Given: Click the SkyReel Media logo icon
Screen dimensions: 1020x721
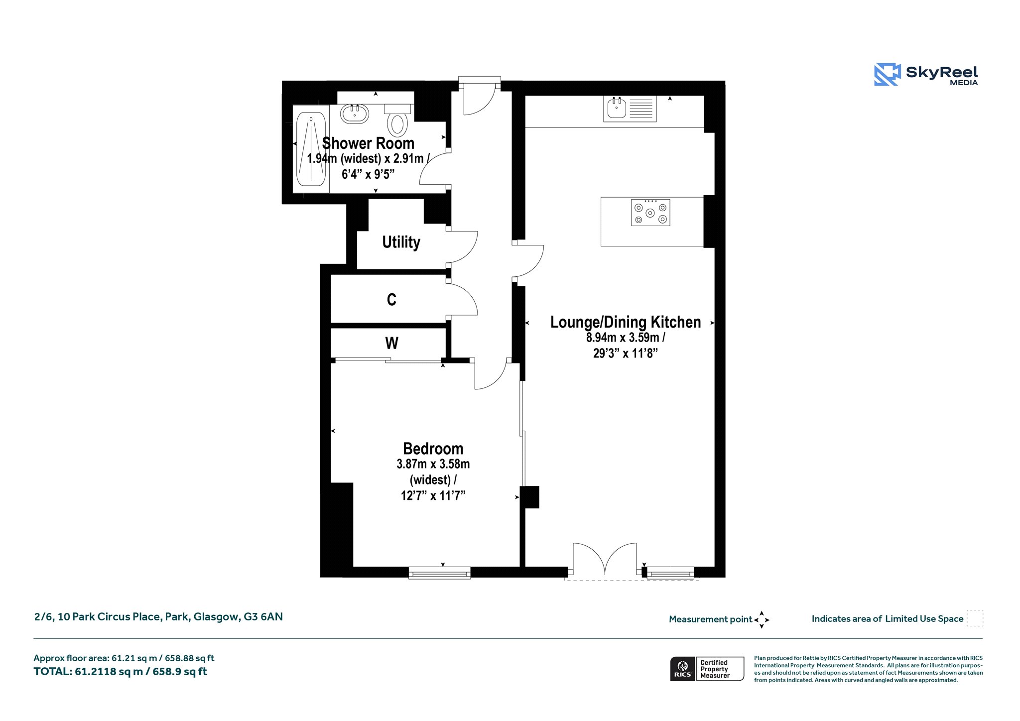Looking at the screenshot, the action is click(x=888, y=75).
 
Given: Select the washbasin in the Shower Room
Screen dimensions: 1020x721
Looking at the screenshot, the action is click(x=355, y=114).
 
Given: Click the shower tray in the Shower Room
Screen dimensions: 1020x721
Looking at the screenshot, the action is click(x=311, y=149).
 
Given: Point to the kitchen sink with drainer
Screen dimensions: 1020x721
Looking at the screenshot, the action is click(x=630, y=109).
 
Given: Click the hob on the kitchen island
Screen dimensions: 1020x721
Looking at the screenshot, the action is click(x=650, y=213).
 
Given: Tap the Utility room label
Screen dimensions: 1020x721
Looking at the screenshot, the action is click(x=401, y=242).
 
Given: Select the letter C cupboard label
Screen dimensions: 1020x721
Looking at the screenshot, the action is click(x=391, y=299).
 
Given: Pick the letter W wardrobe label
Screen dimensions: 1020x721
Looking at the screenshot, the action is click(x=391, y=343).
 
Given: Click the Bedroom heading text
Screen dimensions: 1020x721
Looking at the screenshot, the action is click(x=433, y=449).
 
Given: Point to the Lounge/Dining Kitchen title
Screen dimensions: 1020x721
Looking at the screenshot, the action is click(x=626, y=322).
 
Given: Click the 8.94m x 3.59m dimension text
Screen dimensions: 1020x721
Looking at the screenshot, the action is click(x=626, y=338).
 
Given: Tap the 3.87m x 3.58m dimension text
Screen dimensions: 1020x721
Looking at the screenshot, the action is click(x=433, y=464).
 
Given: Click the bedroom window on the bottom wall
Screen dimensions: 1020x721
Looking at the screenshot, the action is click(x=439, y=573).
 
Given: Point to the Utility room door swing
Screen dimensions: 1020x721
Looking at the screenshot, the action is click(x=463, y=247).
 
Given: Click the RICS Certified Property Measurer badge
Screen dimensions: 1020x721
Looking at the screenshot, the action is click(x=707, y=669).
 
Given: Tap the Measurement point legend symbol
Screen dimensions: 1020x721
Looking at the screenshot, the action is click(x=762, y=620).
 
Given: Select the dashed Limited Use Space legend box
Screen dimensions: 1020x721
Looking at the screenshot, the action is click(x=975, y=618).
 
